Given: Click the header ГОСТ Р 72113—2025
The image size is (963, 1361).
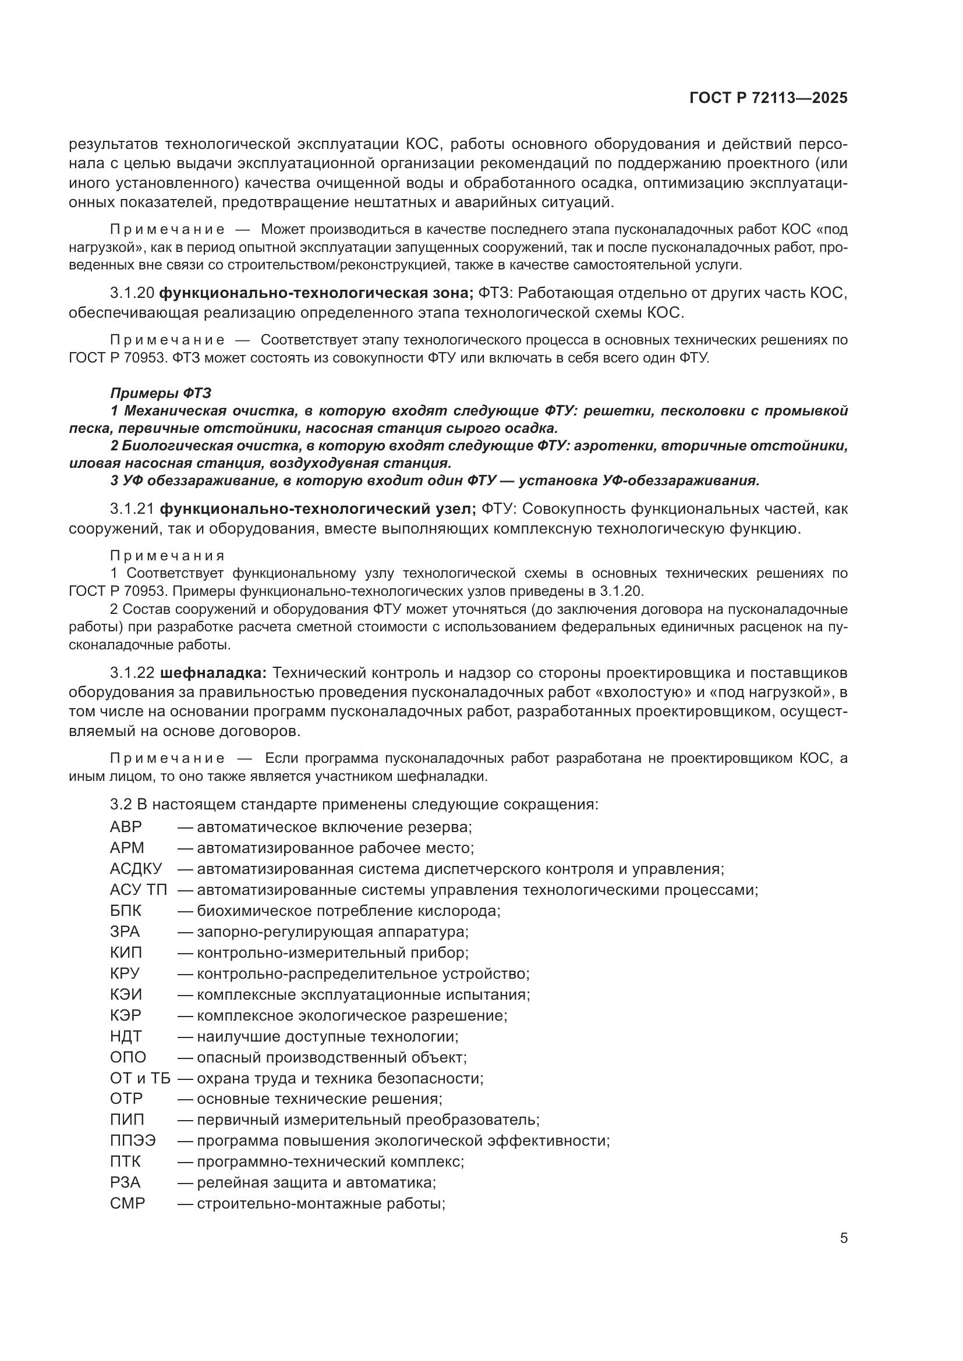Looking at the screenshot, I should [769, 98].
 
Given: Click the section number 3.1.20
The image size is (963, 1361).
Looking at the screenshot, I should [132, 293].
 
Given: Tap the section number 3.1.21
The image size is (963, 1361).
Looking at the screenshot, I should [132, 509].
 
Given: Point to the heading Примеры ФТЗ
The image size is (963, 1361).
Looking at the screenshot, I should [160, 393].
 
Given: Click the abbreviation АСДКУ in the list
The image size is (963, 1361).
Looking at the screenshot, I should [136, 869].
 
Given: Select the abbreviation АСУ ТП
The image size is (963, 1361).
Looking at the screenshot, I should [139, 890].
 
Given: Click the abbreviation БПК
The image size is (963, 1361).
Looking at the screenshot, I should [126, 911].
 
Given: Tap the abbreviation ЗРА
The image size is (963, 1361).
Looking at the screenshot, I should [125, 932].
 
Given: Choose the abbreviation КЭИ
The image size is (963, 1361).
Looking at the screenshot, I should [126, 994].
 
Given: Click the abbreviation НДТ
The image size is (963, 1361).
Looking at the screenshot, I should [126, 1036].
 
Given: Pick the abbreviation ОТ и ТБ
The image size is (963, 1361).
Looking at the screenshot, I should [140, 1078].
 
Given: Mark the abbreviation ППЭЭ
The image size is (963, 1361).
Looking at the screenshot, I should [133, 1140].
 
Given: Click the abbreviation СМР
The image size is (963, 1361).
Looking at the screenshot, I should [128, 1203].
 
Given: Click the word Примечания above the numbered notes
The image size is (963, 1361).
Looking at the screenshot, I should [167, 556].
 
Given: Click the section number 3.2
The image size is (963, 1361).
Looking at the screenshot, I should [121, 804].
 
